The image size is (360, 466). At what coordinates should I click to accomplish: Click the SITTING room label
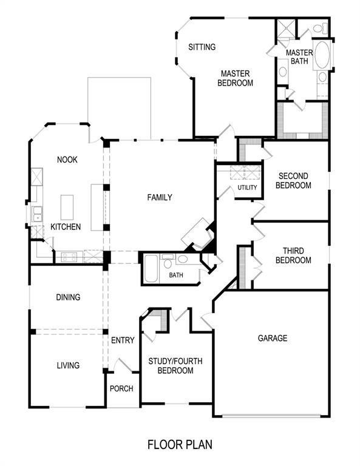pyautogui.click(x=202, y=47)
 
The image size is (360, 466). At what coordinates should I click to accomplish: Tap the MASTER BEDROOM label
pyautogui.click(x=235, y=78)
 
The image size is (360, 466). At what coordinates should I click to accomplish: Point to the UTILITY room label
pyautogui.click(x=247, y=187)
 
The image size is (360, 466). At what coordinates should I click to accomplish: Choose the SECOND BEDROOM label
pyautogui.click(x=293, y=181)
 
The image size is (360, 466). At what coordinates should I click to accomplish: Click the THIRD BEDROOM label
pyautogui.click(x=293, y=255)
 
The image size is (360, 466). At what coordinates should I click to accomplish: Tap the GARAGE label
pyautogui.click(x=273, y=338)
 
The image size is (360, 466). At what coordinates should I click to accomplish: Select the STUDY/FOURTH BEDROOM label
pyautogui.click(x=175, y=366)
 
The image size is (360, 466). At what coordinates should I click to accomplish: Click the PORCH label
pyautogui.click(x=121, y=389)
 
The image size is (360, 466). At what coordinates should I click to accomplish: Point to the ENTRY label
pyautogui.click(x=123, y=340)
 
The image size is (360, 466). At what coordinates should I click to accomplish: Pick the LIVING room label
pyautogui.click(x=68, y=365)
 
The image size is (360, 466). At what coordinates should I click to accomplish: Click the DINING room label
pyautogui.click(x=68, y=297)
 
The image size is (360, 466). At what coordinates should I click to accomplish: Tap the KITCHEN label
pyautogui.click(x=65, y=226)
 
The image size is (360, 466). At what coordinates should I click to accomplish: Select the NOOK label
pyautogui.click(x=67, y=160)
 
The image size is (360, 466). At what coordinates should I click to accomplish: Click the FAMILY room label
pyautogui.click(x=160, y=197)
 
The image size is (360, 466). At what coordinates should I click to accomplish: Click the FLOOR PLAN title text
pyautogui.click(x=180, y=445)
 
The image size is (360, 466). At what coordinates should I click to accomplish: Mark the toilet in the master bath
pyautogui.click(x=321, y=29)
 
